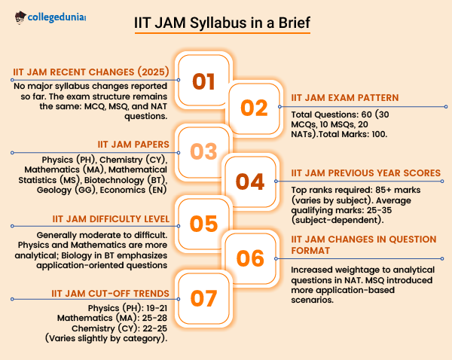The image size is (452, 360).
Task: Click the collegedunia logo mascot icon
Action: [x=20, y=18]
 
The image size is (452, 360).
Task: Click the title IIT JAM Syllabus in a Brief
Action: [x=222, y=23]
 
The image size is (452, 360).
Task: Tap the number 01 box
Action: [x=204, y=81]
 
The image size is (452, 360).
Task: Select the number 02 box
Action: [x=255, y=108]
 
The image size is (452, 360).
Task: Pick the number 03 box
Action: [x=204, y=152]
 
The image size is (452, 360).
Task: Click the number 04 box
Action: [x=250, y=182]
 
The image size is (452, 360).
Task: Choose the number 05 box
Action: [x=204, y=224]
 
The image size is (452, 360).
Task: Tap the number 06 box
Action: [x=250, y=258]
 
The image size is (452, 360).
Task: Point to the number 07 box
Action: [x=204, y=298]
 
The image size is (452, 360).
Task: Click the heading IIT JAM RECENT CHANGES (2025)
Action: [x=91, y=72]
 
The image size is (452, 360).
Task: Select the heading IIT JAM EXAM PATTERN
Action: [x=345, y=98]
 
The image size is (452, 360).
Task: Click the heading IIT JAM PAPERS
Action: [x=133, y=144]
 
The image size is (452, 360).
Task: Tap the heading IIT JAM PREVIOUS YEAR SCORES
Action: [x=366, y=173]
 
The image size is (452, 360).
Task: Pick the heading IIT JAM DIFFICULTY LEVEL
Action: [x=111, y=219]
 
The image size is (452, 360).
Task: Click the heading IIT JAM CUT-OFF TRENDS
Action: [x=111, y=294]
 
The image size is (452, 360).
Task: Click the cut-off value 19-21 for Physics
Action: [x=157, y=308]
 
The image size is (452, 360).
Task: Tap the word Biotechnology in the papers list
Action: [x=115, y=180]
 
